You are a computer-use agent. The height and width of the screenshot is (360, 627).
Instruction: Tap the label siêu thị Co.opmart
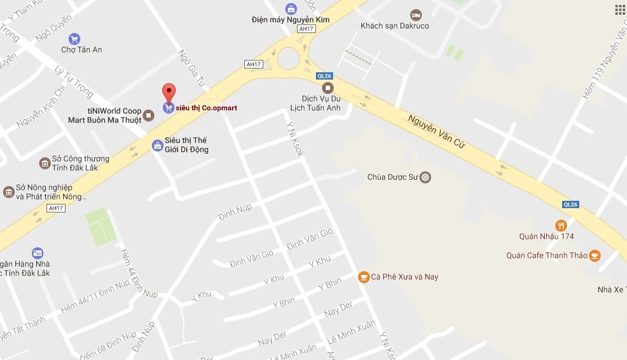click(206, 108)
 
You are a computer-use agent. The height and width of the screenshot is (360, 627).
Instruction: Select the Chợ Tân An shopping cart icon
click(74, 39)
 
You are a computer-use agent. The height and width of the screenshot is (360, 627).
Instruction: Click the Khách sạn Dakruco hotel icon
click(416, 14)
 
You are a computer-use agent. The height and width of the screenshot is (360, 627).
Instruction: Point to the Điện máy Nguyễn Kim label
click(290, 20)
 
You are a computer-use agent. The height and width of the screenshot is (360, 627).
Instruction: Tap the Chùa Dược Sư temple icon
click(426, 178)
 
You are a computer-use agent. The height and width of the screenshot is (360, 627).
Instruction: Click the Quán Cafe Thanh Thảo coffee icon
click(595, 255)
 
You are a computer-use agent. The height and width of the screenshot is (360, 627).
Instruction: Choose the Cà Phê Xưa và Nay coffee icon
click(364, 277)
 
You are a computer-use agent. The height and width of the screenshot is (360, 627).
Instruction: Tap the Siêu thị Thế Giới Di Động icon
click(157, 145)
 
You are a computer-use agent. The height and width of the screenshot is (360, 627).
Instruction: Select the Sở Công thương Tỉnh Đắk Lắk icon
click(44, 163)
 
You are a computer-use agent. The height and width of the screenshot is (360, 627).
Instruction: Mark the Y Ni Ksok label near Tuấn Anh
click(295, 138)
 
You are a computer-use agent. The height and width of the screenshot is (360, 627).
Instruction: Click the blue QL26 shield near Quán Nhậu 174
click(570, 204)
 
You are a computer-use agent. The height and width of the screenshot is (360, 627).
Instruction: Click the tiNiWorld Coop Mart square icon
click(148, 115)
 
